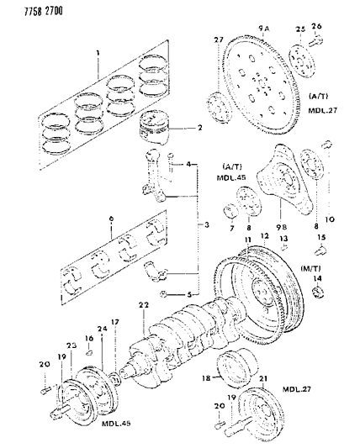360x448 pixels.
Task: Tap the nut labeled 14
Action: pos(319,293)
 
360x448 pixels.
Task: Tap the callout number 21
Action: pos(264,381)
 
